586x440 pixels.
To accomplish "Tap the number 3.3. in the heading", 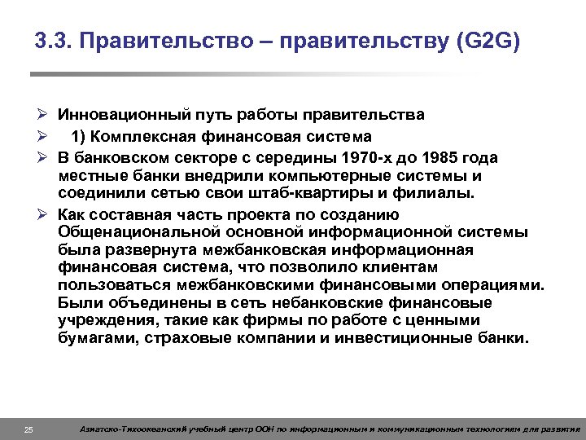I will pyautogui.click(x=54, y=42).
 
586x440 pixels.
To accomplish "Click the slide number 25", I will pyautogui.click(x=28, y=429).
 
